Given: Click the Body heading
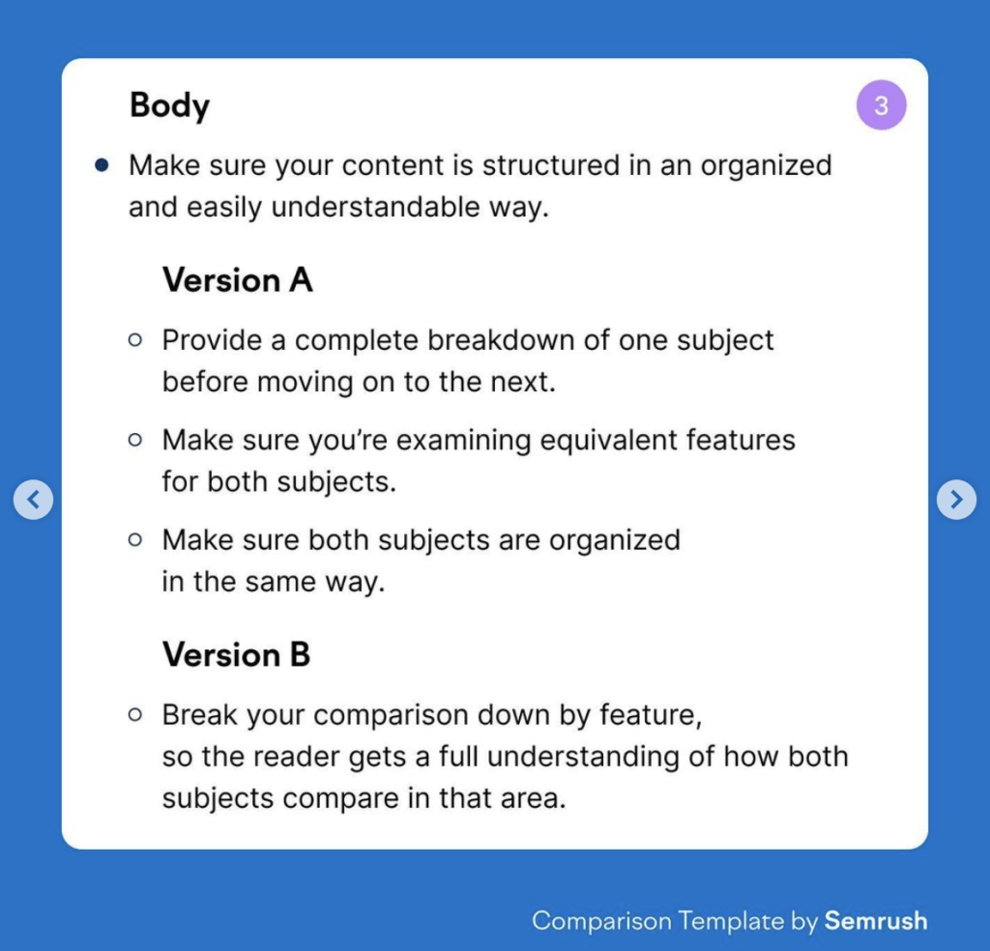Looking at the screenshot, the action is (x=169, y=105).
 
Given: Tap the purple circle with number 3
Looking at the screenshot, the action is (x=881, y=104).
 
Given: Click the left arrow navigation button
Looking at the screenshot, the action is (x=33, y=500).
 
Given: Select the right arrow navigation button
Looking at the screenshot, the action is (x=956, y=500).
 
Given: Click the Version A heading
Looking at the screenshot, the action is (x=238, y=279).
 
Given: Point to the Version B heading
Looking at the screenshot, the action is (x=236, y=654).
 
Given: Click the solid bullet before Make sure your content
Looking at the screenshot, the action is (x=102, y=165).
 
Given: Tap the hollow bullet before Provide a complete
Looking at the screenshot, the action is (x=134, y=340).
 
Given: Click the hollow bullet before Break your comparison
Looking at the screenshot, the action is (x=134, y=714).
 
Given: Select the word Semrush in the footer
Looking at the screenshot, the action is (x=876, y=921).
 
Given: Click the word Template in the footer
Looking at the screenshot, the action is (x=731, y=921).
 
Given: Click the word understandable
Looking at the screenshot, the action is (x=376, y=207).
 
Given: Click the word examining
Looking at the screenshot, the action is (x=463, y=441).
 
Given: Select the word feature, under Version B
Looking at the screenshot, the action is (x=651, y=715).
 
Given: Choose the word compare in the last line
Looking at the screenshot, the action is (x=340, y=799).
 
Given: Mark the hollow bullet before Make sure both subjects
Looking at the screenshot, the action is (x=134, y=539).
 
